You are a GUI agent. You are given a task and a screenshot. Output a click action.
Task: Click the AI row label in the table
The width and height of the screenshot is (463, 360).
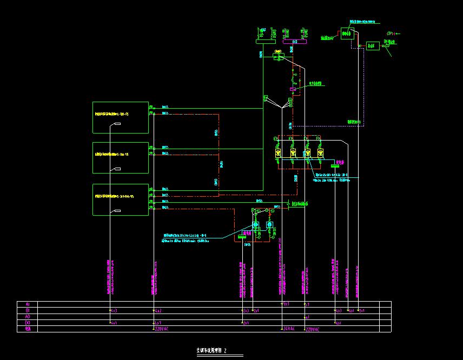[x=28, y=304]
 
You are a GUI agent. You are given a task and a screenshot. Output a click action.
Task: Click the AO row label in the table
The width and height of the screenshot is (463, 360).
[x=28, y=317]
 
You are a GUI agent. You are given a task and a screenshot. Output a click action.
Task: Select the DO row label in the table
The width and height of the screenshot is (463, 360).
[x=28, y=323]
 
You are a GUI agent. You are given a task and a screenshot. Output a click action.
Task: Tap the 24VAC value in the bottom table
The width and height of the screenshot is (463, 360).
[x=289, y=329]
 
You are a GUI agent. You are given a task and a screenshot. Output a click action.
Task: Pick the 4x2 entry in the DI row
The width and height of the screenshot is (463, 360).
[x=158, y=311]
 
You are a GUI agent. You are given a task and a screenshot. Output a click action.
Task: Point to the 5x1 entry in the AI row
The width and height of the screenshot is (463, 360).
[x=286, y=304]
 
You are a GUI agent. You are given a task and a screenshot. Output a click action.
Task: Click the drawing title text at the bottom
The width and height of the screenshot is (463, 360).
[x=212, y=351]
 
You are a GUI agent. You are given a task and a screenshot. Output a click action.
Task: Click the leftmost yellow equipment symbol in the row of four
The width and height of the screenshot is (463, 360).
[x=278, y=153]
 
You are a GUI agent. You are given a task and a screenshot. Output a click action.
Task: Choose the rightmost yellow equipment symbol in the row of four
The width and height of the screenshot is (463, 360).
[x=320, y=153]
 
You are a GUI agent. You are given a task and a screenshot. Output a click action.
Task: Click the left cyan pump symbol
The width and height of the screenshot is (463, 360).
[x=255, y=224]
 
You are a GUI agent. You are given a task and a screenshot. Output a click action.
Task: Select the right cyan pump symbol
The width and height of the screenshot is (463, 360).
[x=269, y=224]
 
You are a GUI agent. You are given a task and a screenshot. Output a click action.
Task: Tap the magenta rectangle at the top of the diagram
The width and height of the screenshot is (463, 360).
[x=295, y=41]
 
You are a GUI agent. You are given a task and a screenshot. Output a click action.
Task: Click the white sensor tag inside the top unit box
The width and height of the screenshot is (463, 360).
[x=117, y=125]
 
